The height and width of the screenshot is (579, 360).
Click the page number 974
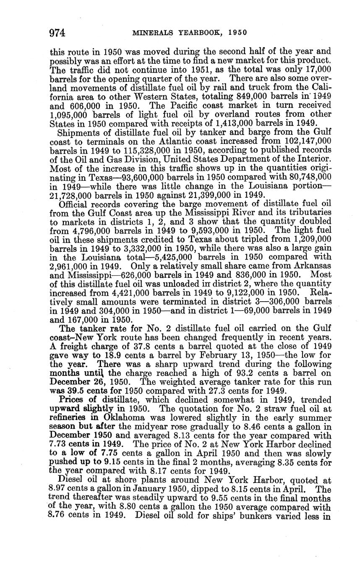(x=57, y=33)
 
